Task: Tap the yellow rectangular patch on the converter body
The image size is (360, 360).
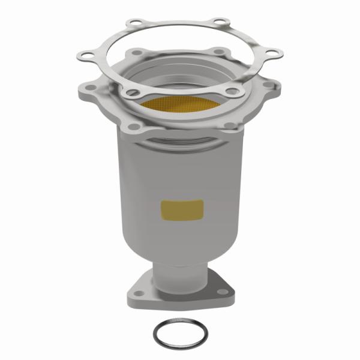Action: click(x=182, y=209)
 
